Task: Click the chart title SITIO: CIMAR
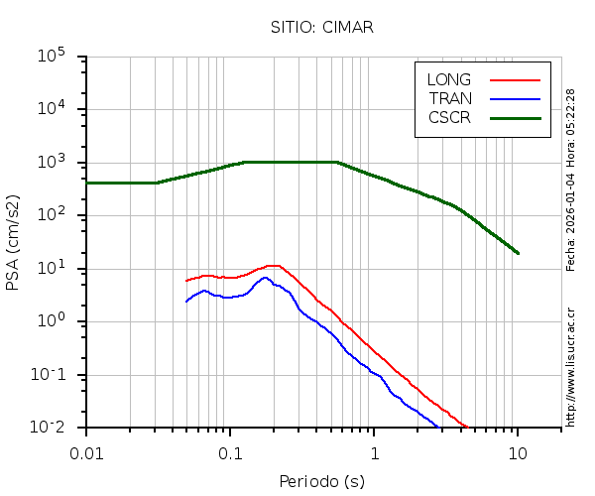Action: pos(322,27)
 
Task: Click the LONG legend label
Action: pos(449,79)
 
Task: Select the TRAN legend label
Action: pos(450,98)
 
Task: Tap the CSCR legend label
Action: pos(449,117)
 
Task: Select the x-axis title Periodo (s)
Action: pos(322,482)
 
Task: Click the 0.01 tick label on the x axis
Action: pos(86,453)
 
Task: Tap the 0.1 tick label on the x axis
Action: pos(230,453)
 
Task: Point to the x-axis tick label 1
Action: pos(374,453)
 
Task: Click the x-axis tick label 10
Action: pos(517,453)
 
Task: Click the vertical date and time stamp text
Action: pos(571,180)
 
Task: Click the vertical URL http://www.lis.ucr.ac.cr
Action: pos(571,367)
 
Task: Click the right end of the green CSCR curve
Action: pos(517,252)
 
